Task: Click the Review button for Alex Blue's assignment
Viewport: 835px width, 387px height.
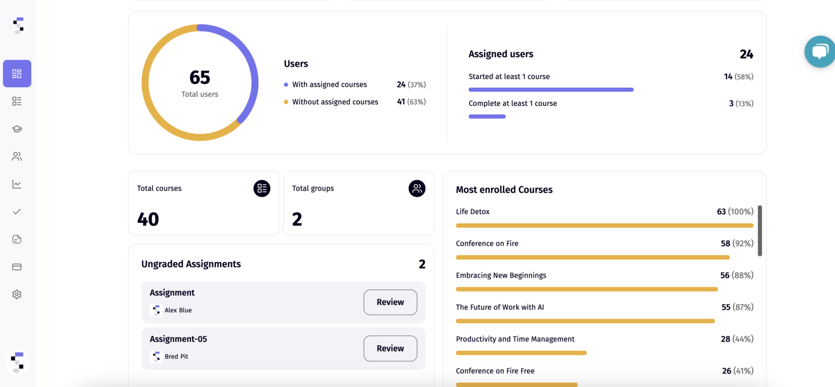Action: (x=390, y=302)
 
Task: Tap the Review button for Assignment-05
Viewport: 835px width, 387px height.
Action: (x=390, y=348)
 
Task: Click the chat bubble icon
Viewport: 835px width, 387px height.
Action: (x=820, y=51)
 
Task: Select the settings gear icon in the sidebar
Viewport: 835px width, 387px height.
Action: (x=17, y=295)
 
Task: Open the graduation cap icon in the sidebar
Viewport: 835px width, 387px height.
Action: (x=17, y=129)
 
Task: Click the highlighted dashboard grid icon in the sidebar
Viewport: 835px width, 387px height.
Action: (x=17, y=74)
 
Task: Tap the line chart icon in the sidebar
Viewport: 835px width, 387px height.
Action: (x=17, y=184)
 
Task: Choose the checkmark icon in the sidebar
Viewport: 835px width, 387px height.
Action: (x=17, y=212)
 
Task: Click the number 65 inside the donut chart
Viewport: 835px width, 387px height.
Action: (x=200, y=77)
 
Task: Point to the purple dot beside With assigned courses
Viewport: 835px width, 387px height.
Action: (x=286, y=85)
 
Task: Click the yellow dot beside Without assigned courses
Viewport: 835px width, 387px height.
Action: (x=286, y=102)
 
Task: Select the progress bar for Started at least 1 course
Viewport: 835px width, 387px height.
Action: (x=551, y=90)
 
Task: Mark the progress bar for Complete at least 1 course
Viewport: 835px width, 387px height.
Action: (x=487, y=117)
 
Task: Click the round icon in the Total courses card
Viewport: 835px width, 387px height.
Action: (x=262, y=189)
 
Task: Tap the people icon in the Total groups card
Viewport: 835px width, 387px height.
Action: (x=417, y=189)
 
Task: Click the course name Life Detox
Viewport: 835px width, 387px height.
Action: (x=473, y=212)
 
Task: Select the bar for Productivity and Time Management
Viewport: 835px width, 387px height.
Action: (x=521, y=353)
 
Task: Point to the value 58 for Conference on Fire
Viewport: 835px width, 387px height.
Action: (x=725, y=243)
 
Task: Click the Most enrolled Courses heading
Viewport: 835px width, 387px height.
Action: (x=504, y=190)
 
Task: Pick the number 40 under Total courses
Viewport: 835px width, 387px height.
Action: (x=148, y=219)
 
